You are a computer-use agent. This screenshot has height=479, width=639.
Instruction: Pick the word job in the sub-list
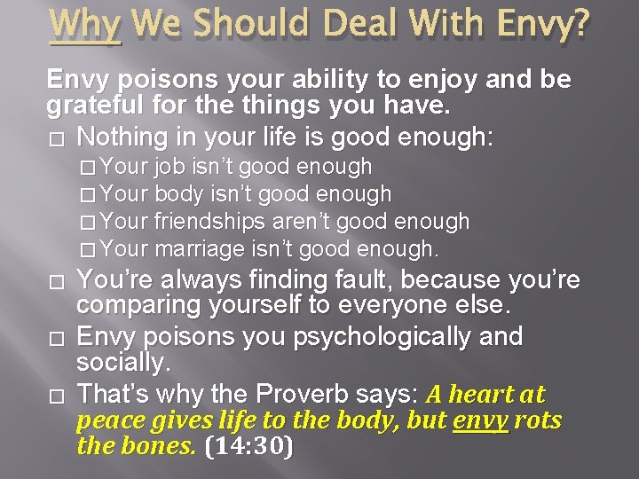click(x=167, y=167)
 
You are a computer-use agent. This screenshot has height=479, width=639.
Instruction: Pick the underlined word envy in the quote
click(x=479, y=420)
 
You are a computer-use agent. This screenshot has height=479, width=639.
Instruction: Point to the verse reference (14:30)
click(x=249, y=446)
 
